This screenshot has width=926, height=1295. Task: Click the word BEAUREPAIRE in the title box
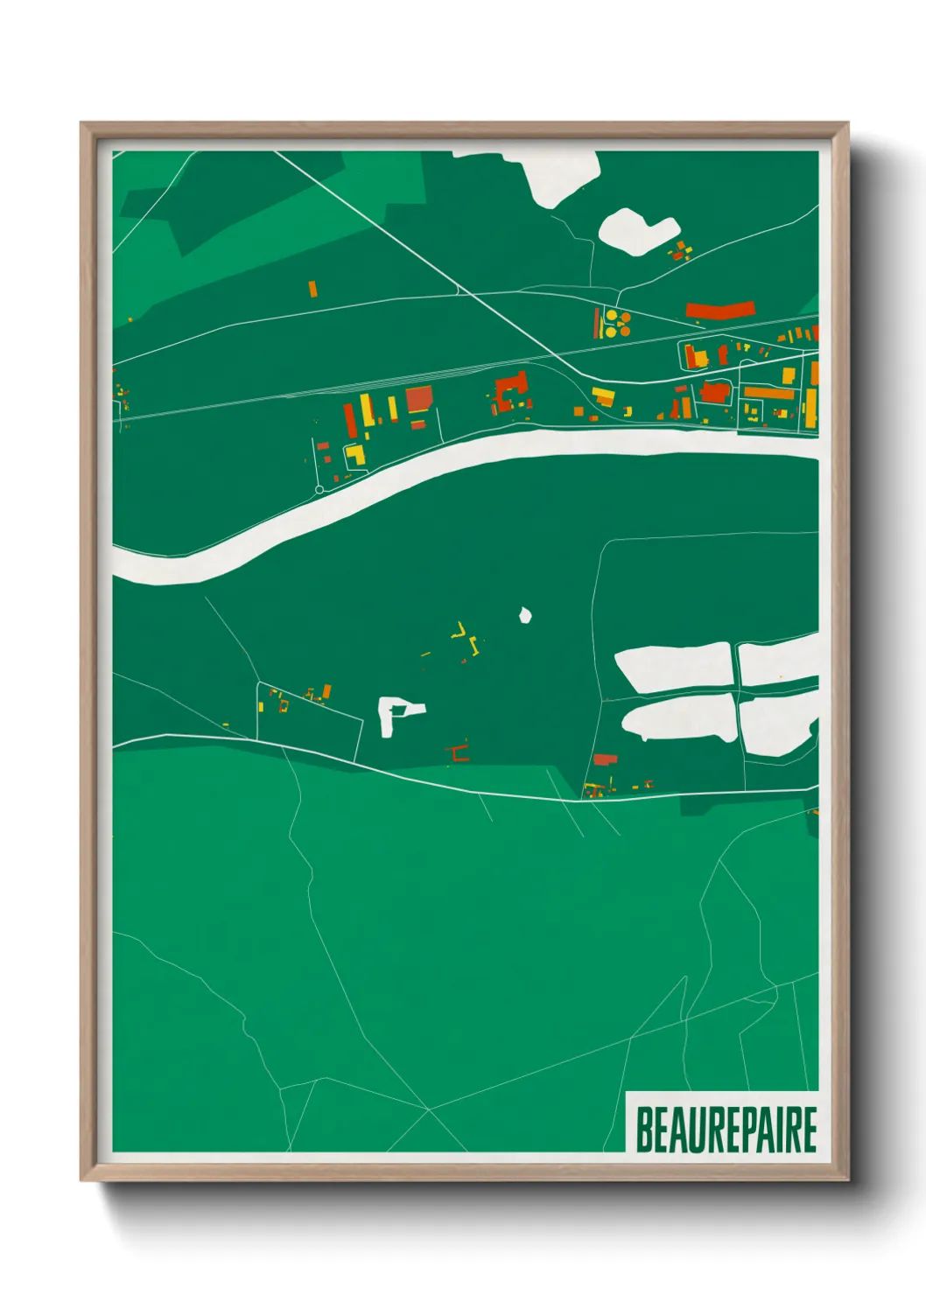pyautogui.click(x=726, y=1129)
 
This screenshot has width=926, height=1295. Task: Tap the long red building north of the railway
pyautogui.click(x=719, y=309)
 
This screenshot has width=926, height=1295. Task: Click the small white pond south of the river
pyautogui.click(x=525, y=615)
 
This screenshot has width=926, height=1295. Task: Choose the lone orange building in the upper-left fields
pyautogui.click(x=312, y=289)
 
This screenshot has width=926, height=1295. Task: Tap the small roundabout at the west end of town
pyautogui.click(x=319, y=489)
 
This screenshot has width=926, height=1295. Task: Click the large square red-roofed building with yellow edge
pyautogui.click(x=419, y=399)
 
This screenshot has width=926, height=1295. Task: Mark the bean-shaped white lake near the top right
pyautogui.click(x=635, y=230)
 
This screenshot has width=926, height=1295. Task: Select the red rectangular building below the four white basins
pyautogui.click(x=605, y=759)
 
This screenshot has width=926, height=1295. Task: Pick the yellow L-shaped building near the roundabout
pyautogui.click(x=355, y=455)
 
